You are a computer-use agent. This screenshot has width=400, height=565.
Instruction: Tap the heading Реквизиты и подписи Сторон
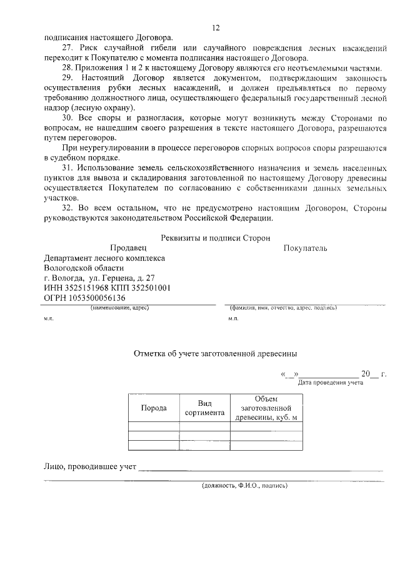point(216,238)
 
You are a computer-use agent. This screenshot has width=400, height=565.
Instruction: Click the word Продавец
point(127,248)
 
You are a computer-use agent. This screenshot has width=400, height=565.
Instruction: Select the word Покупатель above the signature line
point(305,248)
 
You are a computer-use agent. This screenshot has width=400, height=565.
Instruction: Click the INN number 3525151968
point(85,288)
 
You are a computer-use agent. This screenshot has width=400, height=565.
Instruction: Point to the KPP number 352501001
point(152,288)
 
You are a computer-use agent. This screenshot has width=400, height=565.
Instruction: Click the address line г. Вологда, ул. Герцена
point(100,278)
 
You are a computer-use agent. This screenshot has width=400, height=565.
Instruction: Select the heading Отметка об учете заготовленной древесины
point(215,353)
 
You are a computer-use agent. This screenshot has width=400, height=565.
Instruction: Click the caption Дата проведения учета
point(330,382)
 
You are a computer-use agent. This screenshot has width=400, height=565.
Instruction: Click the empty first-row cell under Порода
point(154,427)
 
